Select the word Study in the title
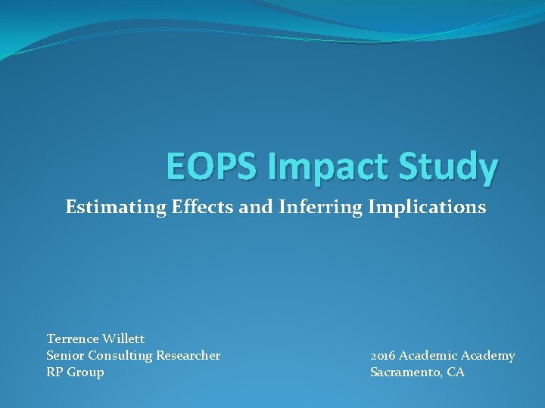point(446,167)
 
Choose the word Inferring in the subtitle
point(313,207)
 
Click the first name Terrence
point(74,338)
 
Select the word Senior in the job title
point(66,355)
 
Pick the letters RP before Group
point(55,372)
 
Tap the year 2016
point(383,355)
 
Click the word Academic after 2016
point(428,355)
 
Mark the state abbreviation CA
point(456,372)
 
